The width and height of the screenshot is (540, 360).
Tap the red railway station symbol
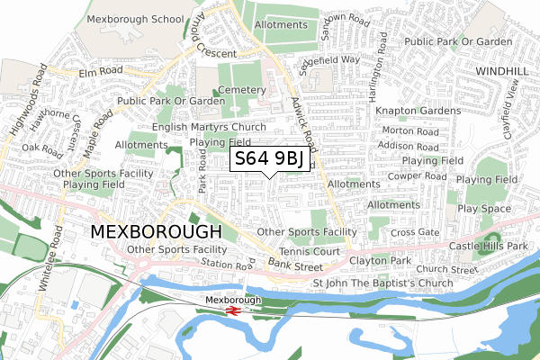coord(231,310)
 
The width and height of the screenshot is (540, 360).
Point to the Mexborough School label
coord(135,17)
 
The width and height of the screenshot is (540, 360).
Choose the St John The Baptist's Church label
coord(382,283)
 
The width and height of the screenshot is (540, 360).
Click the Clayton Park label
coord(379,260)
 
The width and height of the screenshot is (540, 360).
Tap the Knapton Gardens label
coord(418,111)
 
